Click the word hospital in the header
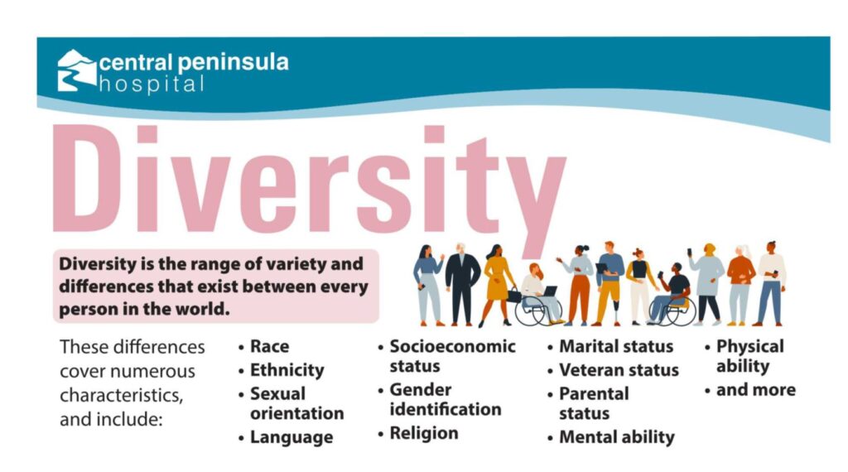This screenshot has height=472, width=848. pyautogui.click(x=152, y=84)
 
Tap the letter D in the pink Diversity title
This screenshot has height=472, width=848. pyautogui.click(x=85, y=178)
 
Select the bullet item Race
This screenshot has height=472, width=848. pyautogui.click(x=269, y=346)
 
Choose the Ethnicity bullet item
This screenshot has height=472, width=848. pyautogui.click(x=287, y=370)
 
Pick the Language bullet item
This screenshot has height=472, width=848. pyautogui.click(x=291, y=437)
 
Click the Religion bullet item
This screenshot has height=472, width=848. pyautogui.click(x=423, y=433)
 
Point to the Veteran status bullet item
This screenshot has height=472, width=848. pyautogui.click(x=619, y=370)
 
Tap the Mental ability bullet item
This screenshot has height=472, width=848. pyautogui.click(x=616, y=437)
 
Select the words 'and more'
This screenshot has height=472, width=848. pyautogui.click(x=755, y=390)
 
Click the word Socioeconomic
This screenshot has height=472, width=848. pyautogui.click(x=452, y=346)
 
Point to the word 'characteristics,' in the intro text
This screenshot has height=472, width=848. pyautogui.click(x=121, y=395)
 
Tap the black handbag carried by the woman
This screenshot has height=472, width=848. pyautogui.click(x=513, y=295)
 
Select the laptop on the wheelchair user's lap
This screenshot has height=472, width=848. pyautogui.click(x=550, y=291)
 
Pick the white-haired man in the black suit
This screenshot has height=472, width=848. pyautogui.click(x=462, y=284)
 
